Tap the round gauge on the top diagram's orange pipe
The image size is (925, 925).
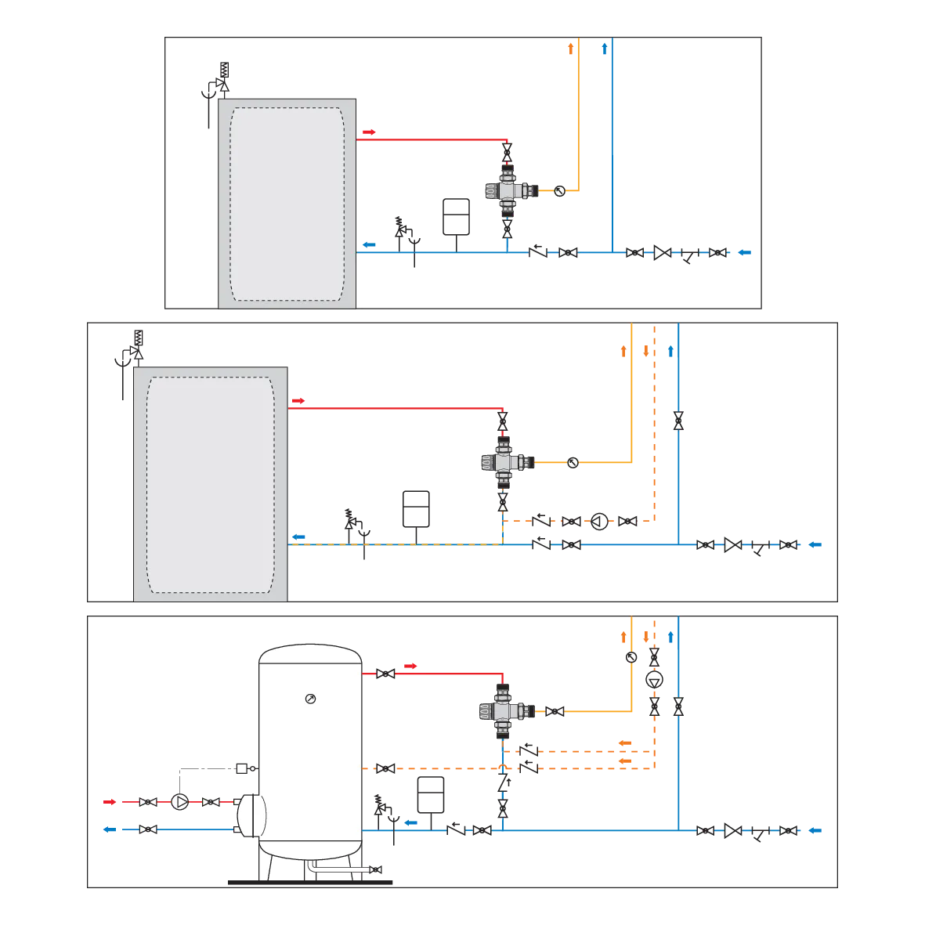pyautogui.click(x=559, y=190)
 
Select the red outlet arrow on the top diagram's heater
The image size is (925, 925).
pyautogui.click(x=367, y=132)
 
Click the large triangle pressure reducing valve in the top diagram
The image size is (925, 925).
pyautogui.click(x=662, y=252)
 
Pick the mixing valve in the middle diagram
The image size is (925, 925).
pyautogui.click(x=502, y=461)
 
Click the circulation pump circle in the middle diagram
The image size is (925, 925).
pyautogui.click(x=599, y=521)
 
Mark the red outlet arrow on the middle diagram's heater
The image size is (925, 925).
pyautogui.click(x=298, y=401)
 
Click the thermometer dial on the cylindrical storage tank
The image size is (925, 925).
pyautogui.click(x=311, y=698)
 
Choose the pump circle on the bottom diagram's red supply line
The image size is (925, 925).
pyautogui.click(x=180, y=802)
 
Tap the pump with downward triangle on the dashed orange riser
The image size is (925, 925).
pyautogui.click(x=654, y=680)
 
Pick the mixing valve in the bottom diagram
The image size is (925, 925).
pyautogui.click(x=502, y=710)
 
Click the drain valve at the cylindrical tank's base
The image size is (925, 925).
pyautogui.click(x=378, y=871)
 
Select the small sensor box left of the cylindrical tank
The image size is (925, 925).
pyautogui.click(x=243, y=767)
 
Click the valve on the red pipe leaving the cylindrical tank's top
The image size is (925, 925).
pyautogui.click(x=386, y=674)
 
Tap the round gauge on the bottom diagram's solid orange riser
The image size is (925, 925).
pyautogui.click(x=631, y=657)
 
